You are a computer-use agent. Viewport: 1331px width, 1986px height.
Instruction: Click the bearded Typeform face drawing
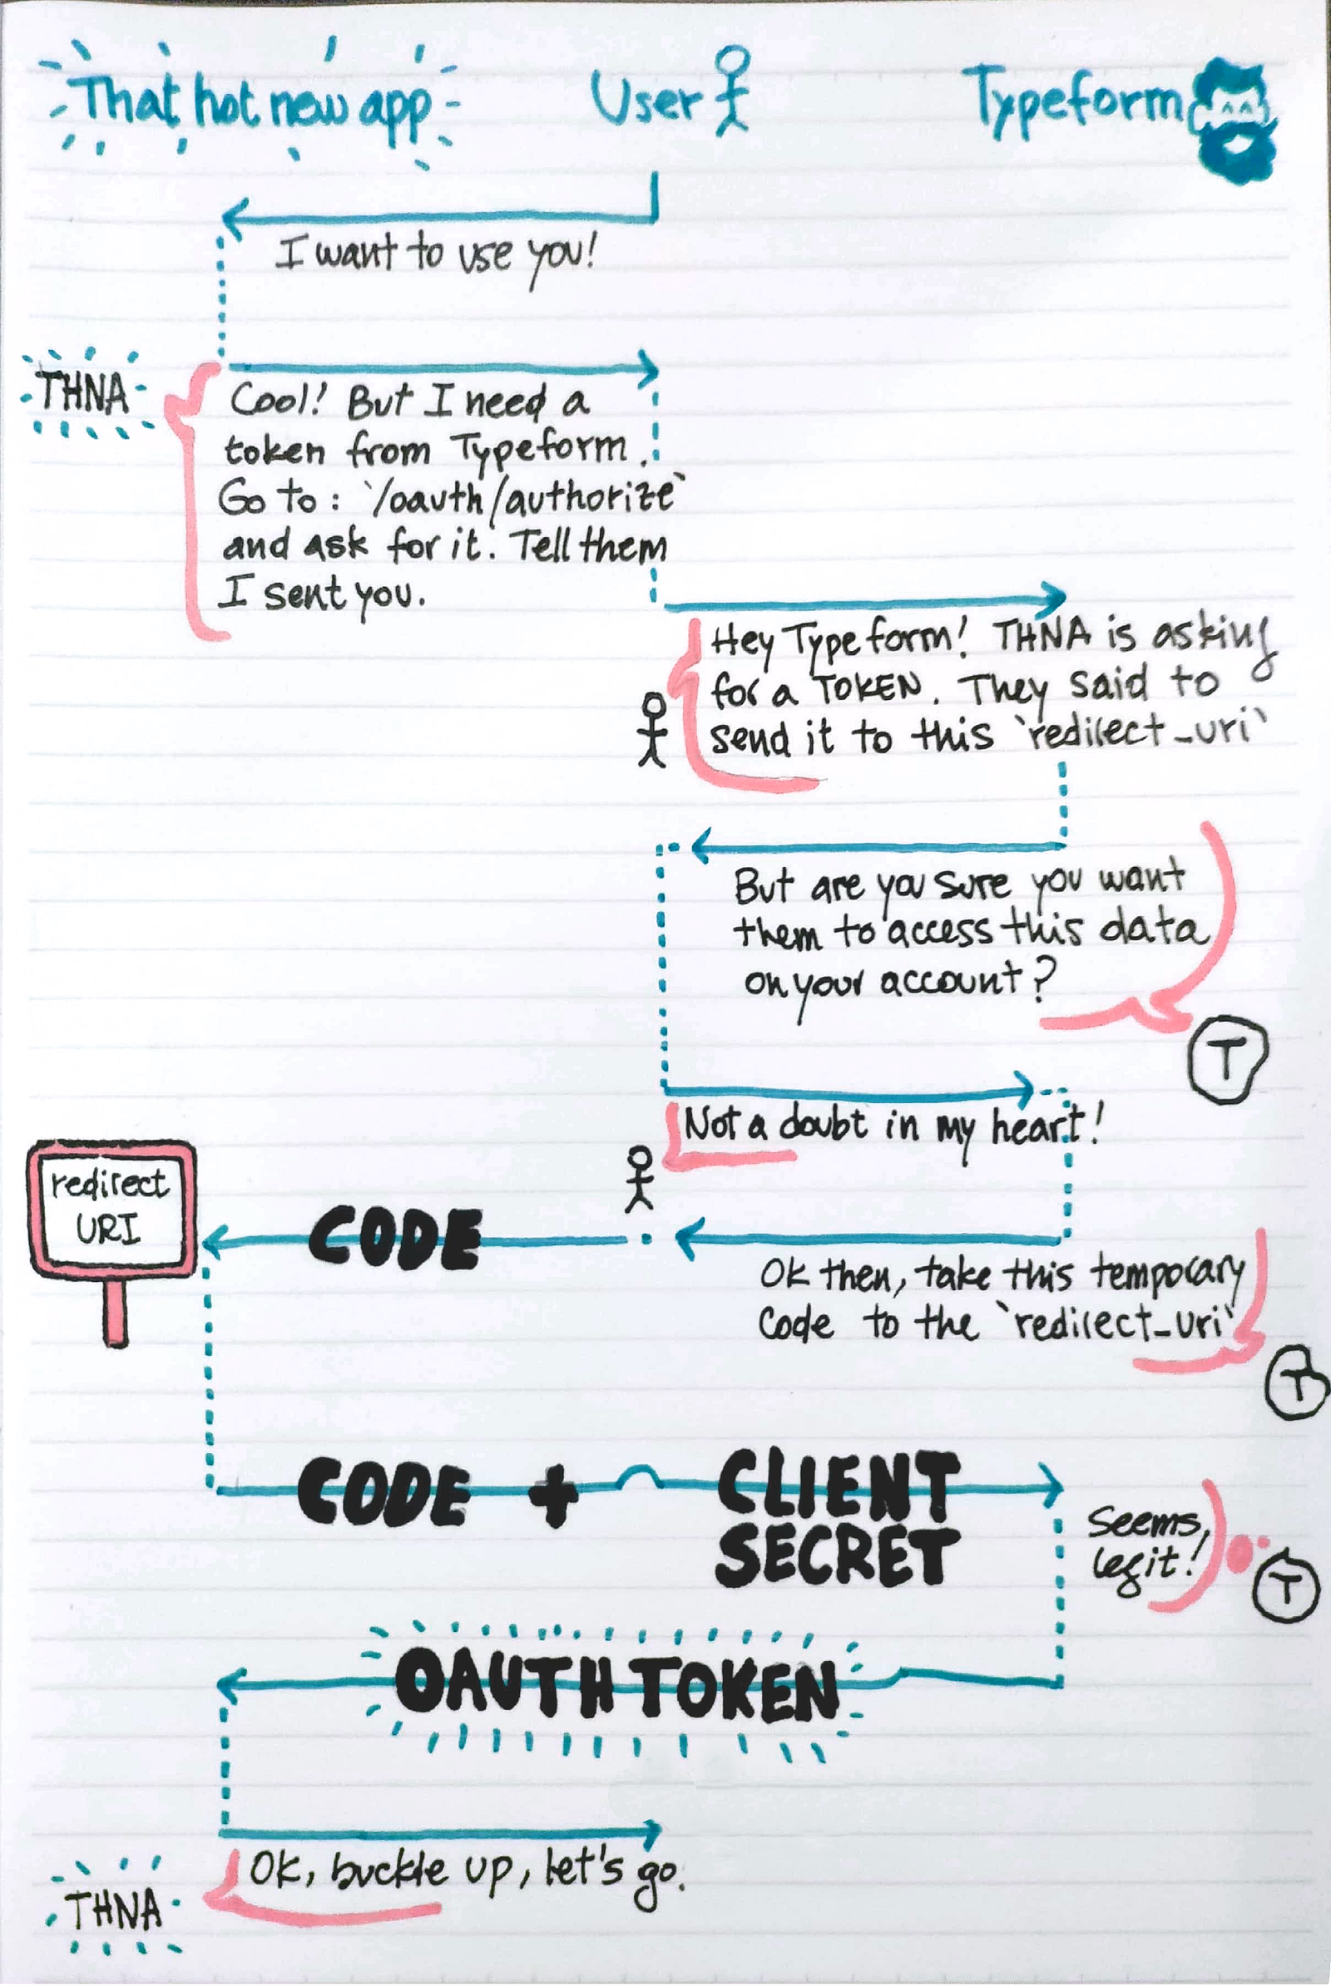click(1235, 118)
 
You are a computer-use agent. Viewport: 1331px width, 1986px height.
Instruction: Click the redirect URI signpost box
click(112, 1208)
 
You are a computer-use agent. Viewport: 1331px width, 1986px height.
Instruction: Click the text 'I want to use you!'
click(436, 255)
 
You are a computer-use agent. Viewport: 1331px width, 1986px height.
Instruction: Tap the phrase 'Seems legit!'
click(1145, 1552)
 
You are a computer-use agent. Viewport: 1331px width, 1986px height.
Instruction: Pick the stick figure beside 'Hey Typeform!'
click(653, 729)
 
